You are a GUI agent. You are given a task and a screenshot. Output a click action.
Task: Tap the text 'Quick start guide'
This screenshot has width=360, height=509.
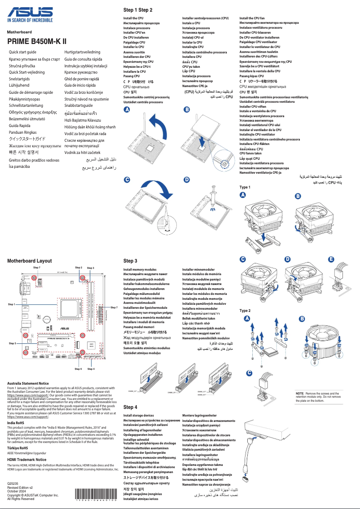[x=22, y=53]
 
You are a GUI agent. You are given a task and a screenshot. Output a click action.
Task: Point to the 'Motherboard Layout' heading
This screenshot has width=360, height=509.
[x=29, y=260]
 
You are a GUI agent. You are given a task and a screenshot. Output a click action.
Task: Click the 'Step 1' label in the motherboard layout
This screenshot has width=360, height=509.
[x=12, y=304]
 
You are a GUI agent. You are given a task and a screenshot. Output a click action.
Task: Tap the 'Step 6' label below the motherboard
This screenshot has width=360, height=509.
[x=78, y=369]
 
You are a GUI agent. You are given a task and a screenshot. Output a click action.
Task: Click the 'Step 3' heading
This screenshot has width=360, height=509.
[x=130, y=261]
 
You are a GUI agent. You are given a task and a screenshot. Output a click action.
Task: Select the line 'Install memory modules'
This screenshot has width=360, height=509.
[x=140, y=269]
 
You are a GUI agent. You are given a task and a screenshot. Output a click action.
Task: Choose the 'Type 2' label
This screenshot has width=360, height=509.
[x=245, y=311]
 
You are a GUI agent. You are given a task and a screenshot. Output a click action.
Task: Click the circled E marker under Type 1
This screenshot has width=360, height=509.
[x=331, y=259]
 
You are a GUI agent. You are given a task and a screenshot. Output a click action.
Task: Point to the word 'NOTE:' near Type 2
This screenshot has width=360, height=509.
[x=300, y=393]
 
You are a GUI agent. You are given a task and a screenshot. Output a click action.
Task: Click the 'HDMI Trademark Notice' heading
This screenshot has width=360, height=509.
[x=26, y=460]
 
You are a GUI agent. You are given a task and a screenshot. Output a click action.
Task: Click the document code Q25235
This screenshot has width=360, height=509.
[x=13, y=483]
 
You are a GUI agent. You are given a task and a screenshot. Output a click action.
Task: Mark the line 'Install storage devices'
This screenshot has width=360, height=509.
[x=139, y=416]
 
